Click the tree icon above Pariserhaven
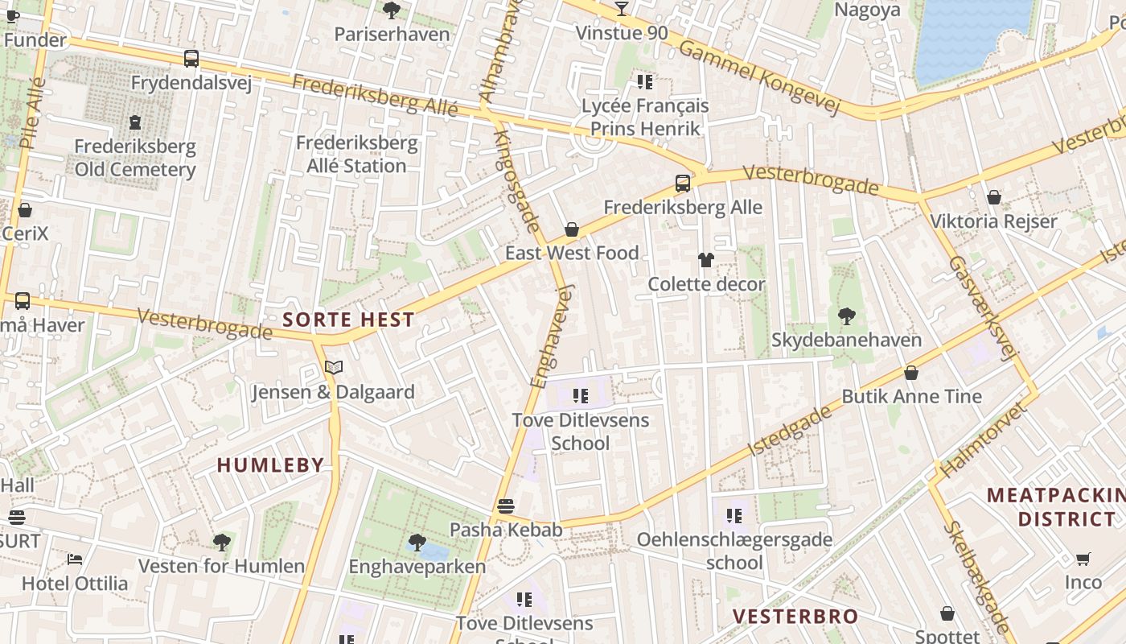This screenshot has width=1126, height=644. [x=392, y=10]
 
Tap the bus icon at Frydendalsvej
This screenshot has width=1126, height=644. [x=191, y=59]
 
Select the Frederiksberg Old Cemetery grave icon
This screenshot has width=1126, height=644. [x=135, y=123]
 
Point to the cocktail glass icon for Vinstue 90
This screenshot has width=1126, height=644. [x=622, y=9]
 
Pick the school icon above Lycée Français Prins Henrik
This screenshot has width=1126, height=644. [x=644, y=81]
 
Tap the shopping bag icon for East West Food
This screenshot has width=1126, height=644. [x=572, y=230]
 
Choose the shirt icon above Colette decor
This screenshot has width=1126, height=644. [x=705, y=260]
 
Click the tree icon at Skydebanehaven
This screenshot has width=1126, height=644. [x=846, y=316]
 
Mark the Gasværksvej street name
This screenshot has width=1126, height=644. [x=980, y=308]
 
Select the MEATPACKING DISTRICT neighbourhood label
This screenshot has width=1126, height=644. [x=1051, y=506]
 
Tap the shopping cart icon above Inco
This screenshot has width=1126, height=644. [x=1083, y=559]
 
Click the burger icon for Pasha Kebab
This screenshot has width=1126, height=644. [x=505, y=506]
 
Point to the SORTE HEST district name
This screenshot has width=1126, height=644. [x=348, y=320]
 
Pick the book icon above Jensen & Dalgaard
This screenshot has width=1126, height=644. [x=333, y=368]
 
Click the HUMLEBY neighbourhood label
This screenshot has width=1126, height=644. [x=270, y=464]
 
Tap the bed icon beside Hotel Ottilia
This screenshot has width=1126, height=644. [x=75, y=559]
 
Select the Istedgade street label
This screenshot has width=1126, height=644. [x=790, y=431]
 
